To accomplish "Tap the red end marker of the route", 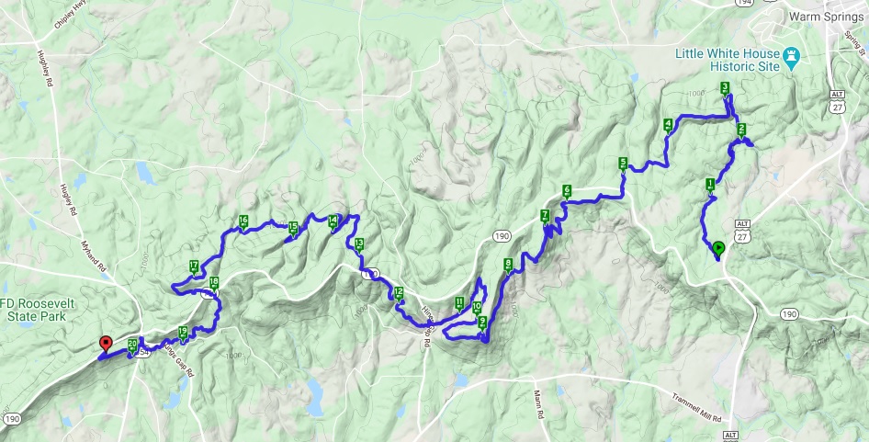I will tap(105, 345).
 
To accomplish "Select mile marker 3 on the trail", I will tap(725, 88).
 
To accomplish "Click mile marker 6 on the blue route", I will tap(567, 191).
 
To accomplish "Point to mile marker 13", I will tap(358, 244).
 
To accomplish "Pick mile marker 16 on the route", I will tap(243, 220).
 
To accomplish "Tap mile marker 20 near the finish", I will tap(133, 345).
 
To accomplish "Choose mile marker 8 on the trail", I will tap(508, 265).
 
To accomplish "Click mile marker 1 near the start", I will tap(710, 183).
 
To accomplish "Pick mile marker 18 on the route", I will tap(214, 283).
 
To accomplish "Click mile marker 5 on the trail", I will tap(623, 164).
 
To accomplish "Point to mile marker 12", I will tap(398, 293).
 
